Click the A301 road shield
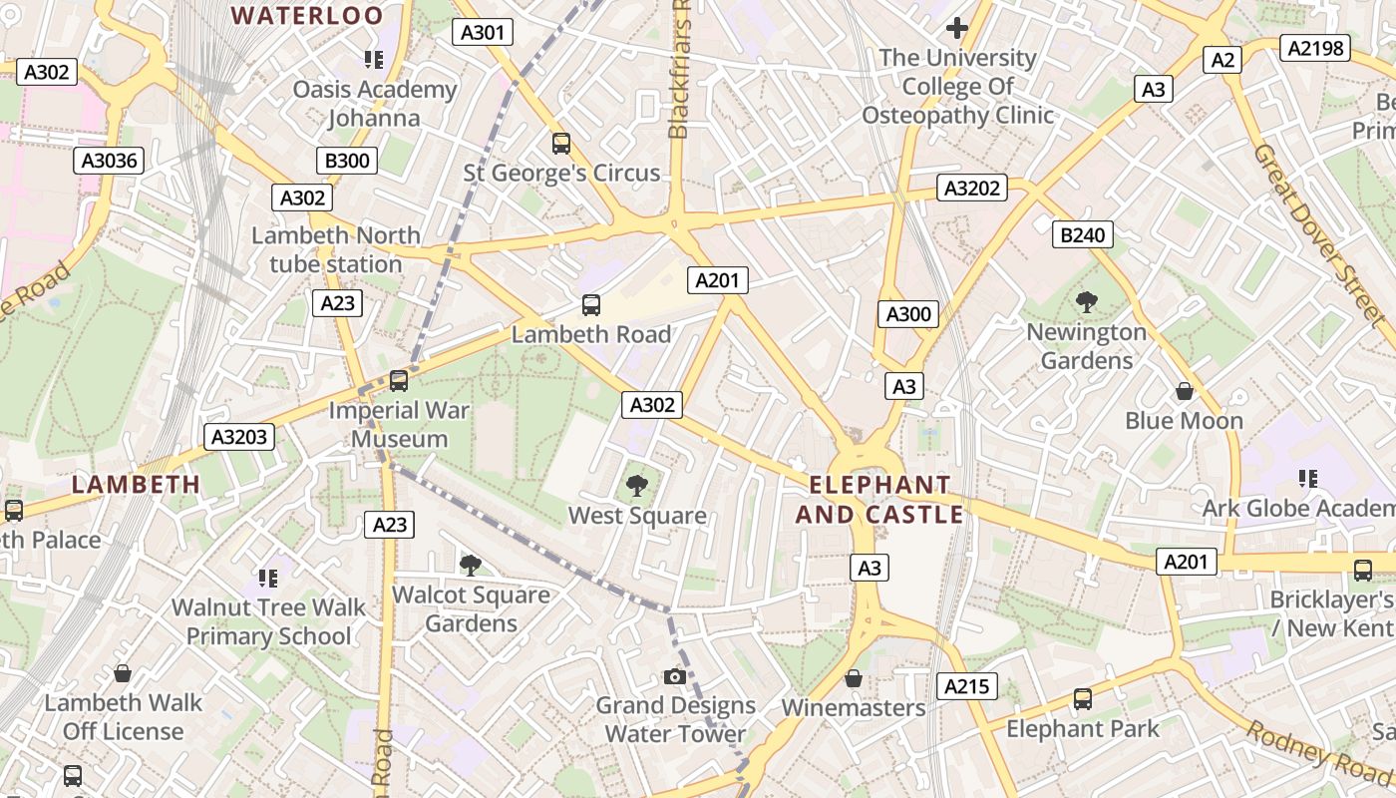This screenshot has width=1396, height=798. [484, 32]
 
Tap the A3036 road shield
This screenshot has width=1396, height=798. [110, 161]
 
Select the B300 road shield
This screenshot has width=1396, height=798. [346, 161]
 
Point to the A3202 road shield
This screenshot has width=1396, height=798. [972, 188]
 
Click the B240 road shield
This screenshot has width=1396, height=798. [1083, 235]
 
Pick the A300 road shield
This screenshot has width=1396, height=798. [908, 314]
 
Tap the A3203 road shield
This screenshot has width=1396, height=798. [239, 436]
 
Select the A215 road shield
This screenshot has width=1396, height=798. [966, 685]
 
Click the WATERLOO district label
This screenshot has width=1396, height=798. [307, 15]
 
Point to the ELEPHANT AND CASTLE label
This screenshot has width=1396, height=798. [879, 500]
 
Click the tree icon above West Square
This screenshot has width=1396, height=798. [636, 486]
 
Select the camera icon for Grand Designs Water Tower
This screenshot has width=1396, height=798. [675, 677]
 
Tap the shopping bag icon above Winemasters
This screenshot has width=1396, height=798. [853, 679]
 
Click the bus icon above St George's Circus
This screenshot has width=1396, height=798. [561, 144]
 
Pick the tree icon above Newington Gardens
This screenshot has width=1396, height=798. [1087, 302]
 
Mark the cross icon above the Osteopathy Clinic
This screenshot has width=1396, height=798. [957, 28]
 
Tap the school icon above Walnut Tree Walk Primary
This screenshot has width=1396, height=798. [267, 578]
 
